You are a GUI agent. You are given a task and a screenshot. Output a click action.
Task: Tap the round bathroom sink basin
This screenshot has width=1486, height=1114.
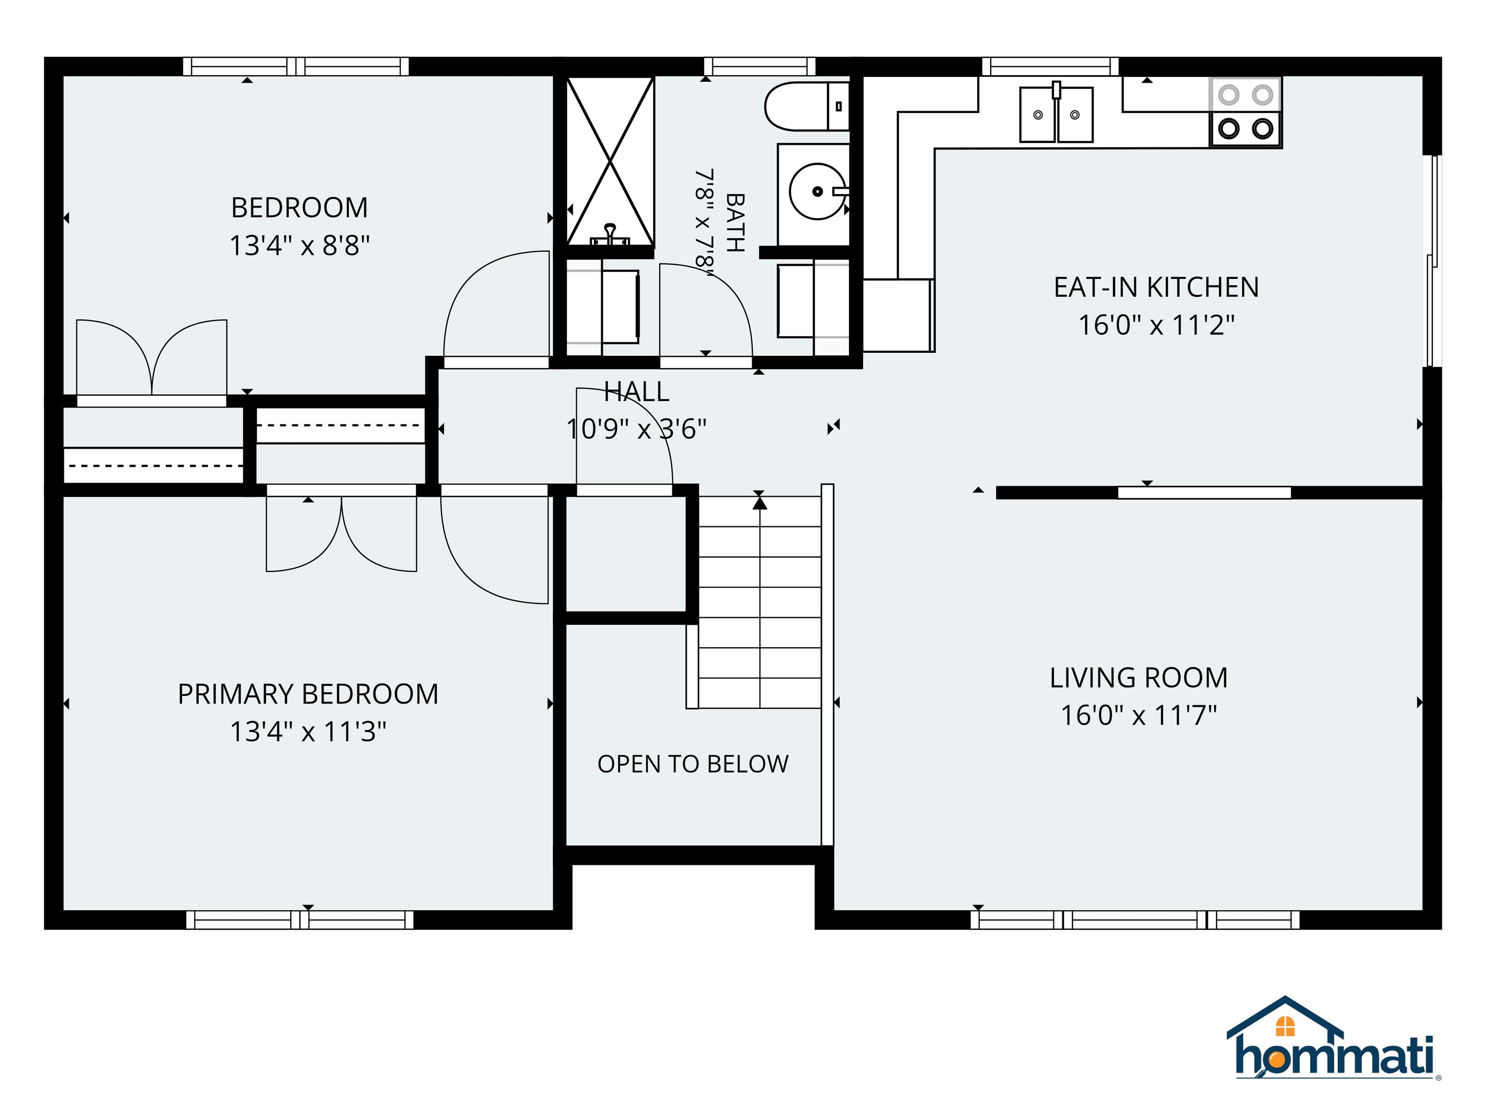click(817, 191)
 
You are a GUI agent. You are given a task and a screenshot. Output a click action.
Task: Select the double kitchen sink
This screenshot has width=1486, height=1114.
click(1056, 114)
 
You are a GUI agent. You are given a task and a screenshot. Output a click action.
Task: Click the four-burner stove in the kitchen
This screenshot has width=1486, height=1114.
click(1246, 112)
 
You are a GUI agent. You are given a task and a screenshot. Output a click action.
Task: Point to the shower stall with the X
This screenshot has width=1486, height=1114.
click(610, 161)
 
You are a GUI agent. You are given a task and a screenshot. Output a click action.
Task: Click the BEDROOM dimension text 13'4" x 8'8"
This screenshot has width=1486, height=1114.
click(299, 246)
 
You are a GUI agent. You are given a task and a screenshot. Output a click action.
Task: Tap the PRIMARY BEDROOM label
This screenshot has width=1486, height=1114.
click(308, 694)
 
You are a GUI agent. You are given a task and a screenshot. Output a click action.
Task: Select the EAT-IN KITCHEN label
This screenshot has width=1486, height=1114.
click(1156, 287)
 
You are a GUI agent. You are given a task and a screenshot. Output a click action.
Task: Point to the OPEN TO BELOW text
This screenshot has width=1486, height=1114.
click(693, 764)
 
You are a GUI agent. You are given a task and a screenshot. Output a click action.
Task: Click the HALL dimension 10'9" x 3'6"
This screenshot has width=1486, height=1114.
click(636, 429)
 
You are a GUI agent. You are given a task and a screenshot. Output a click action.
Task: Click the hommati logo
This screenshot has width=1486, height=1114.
click(1334, 1039)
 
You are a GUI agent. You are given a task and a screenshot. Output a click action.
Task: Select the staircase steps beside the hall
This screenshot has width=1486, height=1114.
click(760, 602)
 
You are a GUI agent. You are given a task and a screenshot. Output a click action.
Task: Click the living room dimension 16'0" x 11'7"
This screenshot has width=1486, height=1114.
click(1139, 716)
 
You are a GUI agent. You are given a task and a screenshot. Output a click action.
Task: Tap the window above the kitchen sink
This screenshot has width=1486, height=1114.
click(1051, 66)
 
